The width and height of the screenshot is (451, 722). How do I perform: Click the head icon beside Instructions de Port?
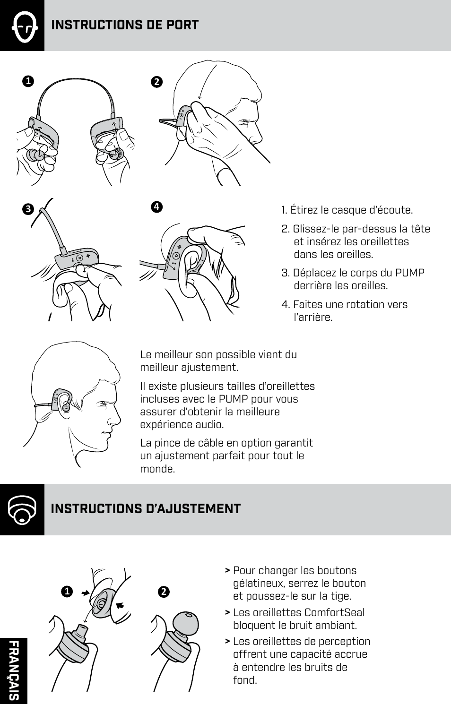coord(22,26)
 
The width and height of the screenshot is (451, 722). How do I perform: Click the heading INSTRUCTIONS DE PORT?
coord(125,25)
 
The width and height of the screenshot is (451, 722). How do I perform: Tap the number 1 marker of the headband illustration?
coord(28,81)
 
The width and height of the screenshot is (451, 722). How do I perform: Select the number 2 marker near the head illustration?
coord(156,82)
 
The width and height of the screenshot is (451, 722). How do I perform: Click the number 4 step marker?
coord(156,206)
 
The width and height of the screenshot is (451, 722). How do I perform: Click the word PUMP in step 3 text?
coord(409,273)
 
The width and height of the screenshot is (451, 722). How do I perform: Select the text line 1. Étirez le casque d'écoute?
coord(347,210)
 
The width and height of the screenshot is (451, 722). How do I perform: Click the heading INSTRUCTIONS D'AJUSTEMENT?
coord(146,509)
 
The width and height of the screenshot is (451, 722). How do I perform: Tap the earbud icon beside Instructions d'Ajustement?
coord(22,509)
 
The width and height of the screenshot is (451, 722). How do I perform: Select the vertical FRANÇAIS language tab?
coord(14,670)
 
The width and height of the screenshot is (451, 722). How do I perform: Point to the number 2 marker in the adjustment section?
coord(164,592)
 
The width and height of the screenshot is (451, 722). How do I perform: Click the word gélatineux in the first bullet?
coord(260,584)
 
